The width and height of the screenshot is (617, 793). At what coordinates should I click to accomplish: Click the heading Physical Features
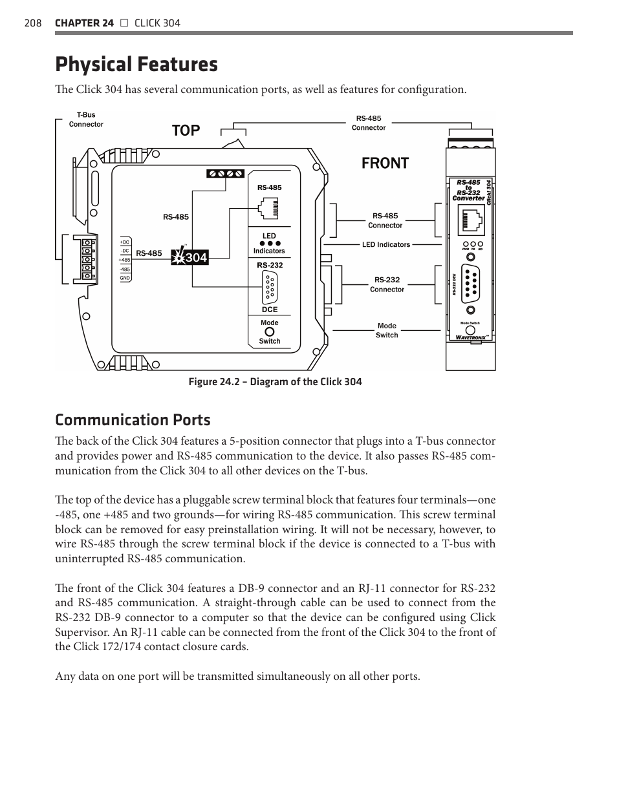(x=136, y=65)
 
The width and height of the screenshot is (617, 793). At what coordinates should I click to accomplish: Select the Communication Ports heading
(x=133, y=420)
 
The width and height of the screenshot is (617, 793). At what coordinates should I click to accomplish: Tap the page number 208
(x=33, y=23)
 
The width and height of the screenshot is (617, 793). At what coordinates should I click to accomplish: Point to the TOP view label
(x=186, y=131)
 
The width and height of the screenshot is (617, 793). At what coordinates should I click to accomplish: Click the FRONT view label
(x=385, y=163)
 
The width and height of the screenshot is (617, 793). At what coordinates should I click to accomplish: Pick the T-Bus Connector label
(x=86, y=120)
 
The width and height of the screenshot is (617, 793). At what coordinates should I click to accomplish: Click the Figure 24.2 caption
(x=275, y=382)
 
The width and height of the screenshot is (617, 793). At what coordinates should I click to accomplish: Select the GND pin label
(x=125, y=278)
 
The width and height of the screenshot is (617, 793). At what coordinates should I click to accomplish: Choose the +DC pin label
(x=125, y=242)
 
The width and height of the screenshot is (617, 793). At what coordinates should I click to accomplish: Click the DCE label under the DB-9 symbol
(x=270, y=310)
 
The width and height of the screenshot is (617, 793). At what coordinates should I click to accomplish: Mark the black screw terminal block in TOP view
(x=226, y=173)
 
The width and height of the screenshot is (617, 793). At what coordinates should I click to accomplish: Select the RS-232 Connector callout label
(x=387, y=284)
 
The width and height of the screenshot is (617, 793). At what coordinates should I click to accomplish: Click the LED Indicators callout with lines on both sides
(x=386, y=245)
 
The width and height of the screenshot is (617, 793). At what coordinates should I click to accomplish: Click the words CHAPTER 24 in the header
(x=84, y=23)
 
